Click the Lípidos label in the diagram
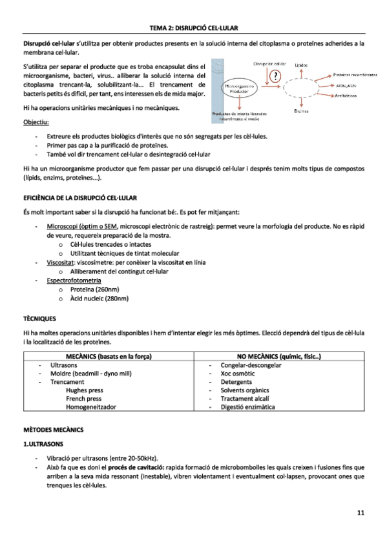point(301,65)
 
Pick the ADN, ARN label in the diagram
point(348,85)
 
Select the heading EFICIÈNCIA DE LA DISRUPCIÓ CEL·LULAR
point(84,196)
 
